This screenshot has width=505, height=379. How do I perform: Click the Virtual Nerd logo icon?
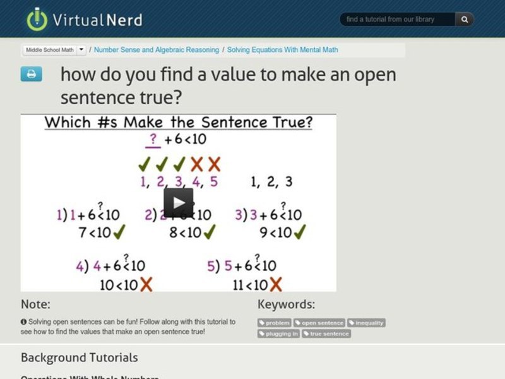pyautogui.click(x=37, y=19)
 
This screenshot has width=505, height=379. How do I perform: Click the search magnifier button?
pyautogui.click(x=465, y=20)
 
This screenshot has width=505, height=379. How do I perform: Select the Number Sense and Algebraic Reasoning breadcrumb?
pyautogui.click(x=157, y=50)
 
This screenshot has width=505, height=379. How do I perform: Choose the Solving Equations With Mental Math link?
pyautogui.click(x=282, y=50)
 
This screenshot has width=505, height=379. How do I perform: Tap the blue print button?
pyautogui.click(x=31, y=74)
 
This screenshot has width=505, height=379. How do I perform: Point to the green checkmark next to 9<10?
pyautogui.click(x=300, y=232)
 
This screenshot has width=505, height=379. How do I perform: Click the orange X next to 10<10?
pyautogui.click(x=146, y=284)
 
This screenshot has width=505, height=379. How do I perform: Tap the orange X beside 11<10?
pyautogui.click(x=275, y=284)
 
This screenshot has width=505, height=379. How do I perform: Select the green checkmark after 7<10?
pyautogui.click(x=119, y=232)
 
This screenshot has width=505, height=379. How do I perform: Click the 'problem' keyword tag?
pyautogui.click(x=275, y=323)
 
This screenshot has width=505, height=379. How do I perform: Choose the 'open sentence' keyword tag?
pyautogui.click(x=319, y=323)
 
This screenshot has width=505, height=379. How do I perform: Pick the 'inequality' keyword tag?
pyautogui.click(x=366, y=323)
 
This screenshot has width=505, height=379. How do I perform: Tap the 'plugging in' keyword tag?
pyautogui.click(x=279, y=334)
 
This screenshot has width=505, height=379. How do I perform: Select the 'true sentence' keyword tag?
pyautogui.click(x=326, y=334)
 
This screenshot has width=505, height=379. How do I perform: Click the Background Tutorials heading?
pyautogui.click(x=79, y=358)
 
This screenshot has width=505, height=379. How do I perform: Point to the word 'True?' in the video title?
pyautogui.click(x=287, y=122)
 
